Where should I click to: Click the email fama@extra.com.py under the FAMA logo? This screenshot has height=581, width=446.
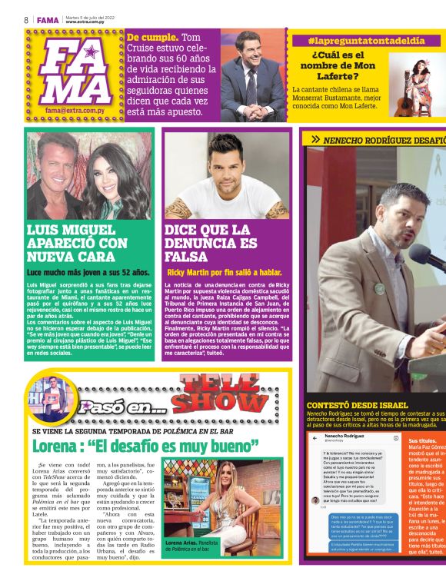point(74,111)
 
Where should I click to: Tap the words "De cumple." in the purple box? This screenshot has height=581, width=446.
point(152,37)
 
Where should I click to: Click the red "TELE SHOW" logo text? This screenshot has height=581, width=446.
point(220,392)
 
